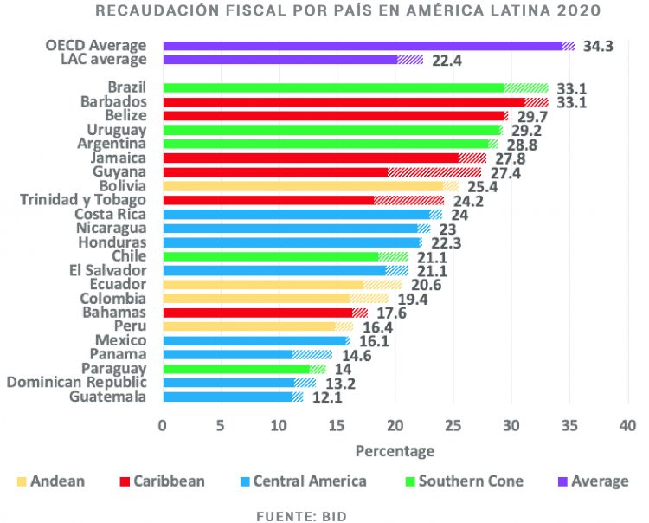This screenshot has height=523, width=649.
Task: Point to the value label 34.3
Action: (598, 46)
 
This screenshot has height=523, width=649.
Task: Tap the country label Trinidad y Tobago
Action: (83, 200)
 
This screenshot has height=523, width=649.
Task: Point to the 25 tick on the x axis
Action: (453, 425)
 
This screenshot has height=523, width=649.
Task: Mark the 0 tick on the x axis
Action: (162, 425)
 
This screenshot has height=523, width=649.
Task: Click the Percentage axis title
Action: (395, 451)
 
